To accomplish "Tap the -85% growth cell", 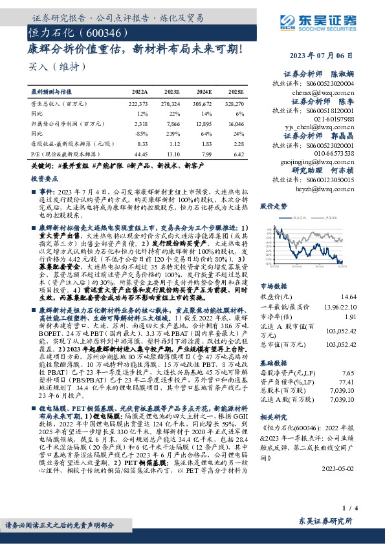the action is click(143, 132).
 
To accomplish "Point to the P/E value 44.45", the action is click(140, 154).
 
